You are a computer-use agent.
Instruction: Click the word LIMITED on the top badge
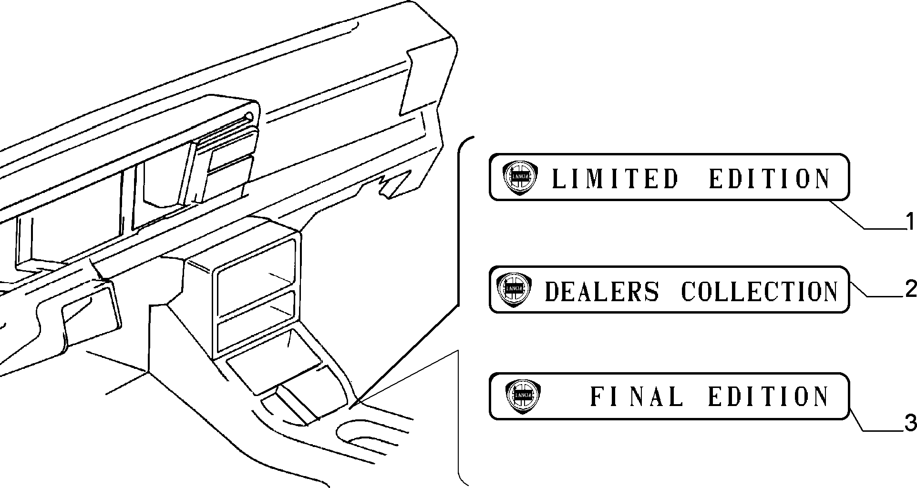click(615, 179)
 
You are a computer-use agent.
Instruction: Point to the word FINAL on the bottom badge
click(637, 396)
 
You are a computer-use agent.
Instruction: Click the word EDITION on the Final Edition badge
click(769, 396)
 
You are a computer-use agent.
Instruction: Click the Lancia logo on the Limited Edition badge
click(520, 177)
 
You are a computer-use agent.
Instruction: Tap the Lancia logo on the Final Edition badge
click(523, 396)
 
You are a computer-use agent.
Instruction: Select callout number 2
click(910, 289)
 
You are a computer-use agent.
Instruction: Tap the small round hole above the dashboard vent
click(248, 116)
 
